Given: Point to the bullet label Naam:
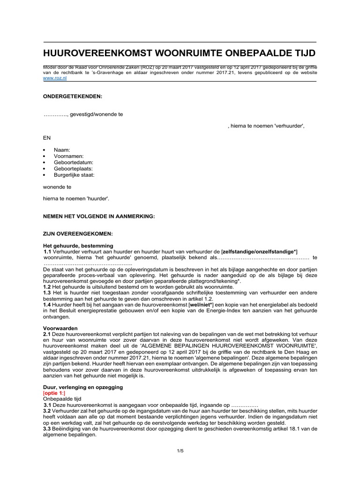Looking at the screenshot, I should pyautogui.click(x=62, y=150).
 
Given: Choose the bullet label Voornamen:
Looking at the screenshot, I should pyautogui.click(x=69, y=156).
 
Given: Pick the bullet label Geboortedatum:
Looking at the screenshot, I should pyautogui.click(x=73, y=162).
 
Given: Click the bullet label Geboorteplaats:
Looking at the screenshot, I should pyautogui.click(x=73, y=168).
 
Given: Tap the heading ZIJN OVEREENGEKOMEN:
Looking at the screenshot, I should pyautogui.click(x=77, y=233).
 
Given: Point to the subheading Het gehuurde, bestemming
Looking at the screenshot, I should pyautogui.click(x=78, y=246).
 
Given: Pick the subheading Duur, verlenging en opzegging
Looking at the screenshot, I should pyautogui.click(x=82, y=387).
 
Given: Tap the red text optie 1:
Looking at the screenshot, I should pyautogui.click(x=55, y=393).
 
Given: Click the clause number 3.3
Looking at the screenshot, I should pyautogui.click(x=47, y=428).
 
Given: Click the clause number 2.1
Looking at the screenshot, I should pyautogui.click(x=47, y=335).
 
